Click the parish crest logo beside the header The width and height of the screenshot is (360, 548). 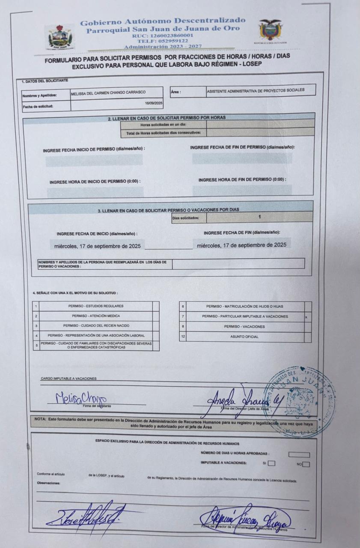click(60, 36)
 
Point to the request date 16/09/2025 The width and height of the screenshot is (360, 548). click(154, 103)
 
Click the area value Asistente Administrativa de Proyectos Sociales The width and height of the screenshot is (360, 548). click(256, 90)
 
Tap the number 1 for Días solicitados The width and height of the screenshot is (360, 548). click(259, 217)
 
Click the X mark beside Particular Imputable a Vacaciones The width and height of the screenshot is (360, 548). click(306, 317)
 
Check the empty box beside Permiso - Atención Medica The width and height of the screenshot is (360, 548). click(156, 316)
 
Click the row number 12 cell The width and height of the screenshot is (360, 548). click(183, 337)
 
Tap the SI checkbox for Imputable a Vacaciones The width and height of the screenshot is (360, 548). click(271, 463)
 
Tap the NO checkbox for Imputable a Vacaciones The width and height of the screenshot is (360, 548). click(306, 464)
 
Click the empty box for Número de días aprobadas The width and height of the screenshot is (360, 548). click(299, 454)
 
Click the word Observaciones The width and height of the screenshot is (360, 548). click(49, 483)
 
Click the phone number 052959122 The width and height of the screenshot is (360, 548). click(163, 41)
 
